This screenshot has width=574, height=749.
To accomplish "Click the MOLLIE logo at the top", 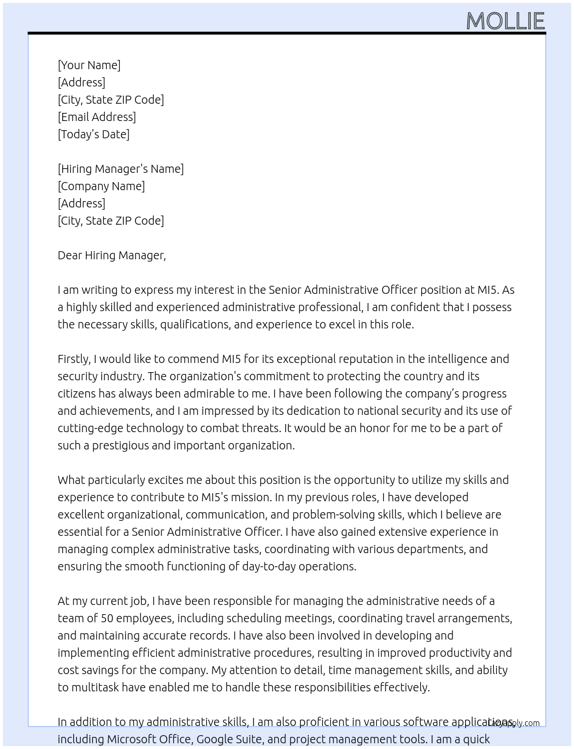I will pos(505,21).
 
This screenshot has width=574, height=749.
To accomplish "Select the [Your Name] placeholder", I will pos(89,65).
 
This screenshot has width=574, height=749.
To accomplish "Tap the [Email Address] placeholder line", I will pos(97,117).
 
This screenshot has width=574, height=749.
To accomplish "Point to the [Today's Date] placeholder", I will pos(93,134).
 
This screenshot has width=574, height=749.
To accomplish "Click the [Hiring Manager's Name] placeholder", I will pos(120,169).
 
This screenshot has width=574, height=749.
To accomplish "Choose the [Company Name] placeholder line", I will pos(101,186).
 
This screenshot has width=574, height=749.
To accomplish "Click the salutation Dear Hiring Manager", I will pos(111,255).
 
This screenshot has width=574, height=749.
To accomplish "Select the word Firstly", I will pos(73,359).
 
